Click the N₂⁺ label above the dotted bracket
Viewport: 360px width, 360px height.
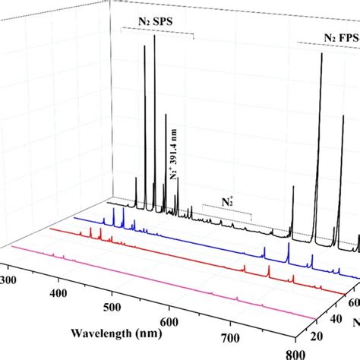(227, 203)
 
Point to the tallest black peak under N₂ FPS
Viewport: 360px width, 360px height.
(321, 59)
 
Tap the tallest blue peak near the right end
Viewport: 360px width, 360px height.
(289, 247)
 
